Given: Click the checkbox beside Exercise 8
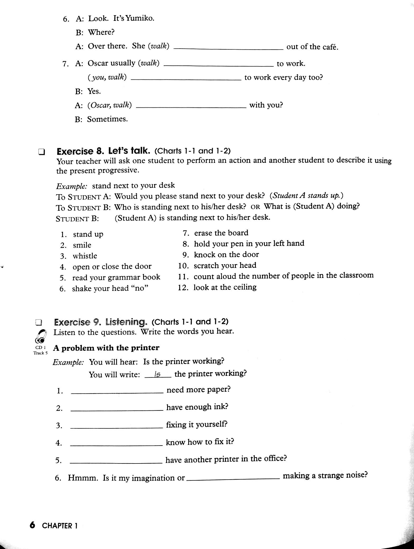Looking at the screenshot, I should pos(41,152).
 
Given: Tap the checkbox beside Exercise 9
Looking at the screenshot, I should pos(39,323).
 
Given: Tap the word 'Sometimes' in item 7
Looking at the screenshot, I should pos(107,119).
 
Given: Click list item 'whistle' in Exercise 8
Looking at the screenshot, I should pos(85,256).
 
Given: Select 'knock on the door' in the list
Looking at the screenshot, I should pos(226,255).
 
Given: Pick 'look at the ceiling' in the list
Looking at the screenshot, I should pos(225,287).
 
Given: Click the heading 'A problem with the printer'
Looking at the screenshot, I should pos(106,348).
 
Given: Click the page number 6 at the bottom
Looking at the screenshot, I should pos(32,525).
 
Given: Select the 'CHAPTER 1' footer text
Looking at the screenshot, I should pos(60,526).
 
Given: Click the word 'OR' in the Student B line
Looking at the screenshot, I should pos(255,207).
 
